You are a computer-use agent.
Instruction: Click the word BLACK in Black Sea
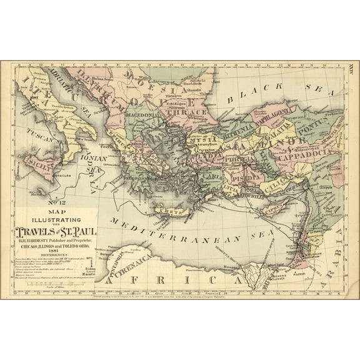coord(245,97)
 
